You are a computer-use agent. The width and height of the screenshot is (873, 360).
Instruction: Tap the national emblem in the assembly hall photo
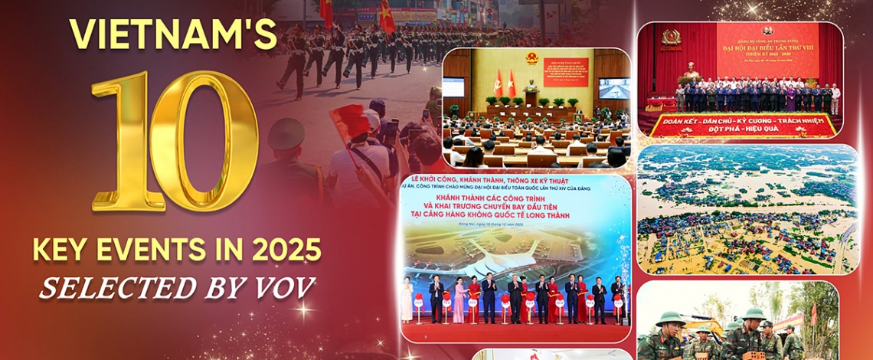click(534, 58)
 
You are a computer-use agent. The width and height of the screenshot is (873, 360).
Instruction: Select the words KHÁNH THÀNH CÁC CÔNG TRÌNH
click(514, 198)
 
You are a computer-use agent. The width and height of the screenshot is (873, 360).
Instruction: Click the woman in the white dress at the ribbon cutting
click(406, 299)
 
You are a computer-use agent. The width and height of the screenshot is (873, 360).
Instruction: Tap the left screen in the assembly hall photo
click(453, 87)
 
